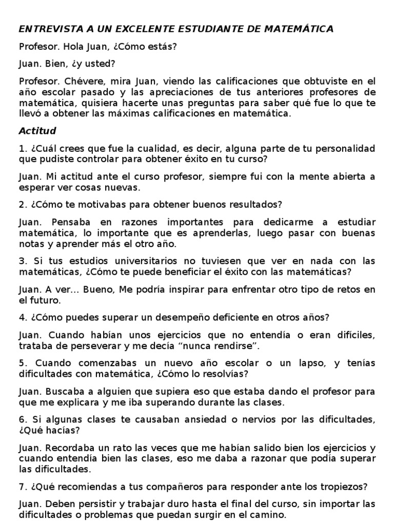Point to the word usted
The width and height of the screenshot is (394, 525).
[103, 64]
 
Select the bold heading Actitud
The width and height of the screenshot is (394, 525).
[37, 131]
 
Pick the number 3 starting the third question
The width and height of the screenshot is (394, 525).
[22, 261]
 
